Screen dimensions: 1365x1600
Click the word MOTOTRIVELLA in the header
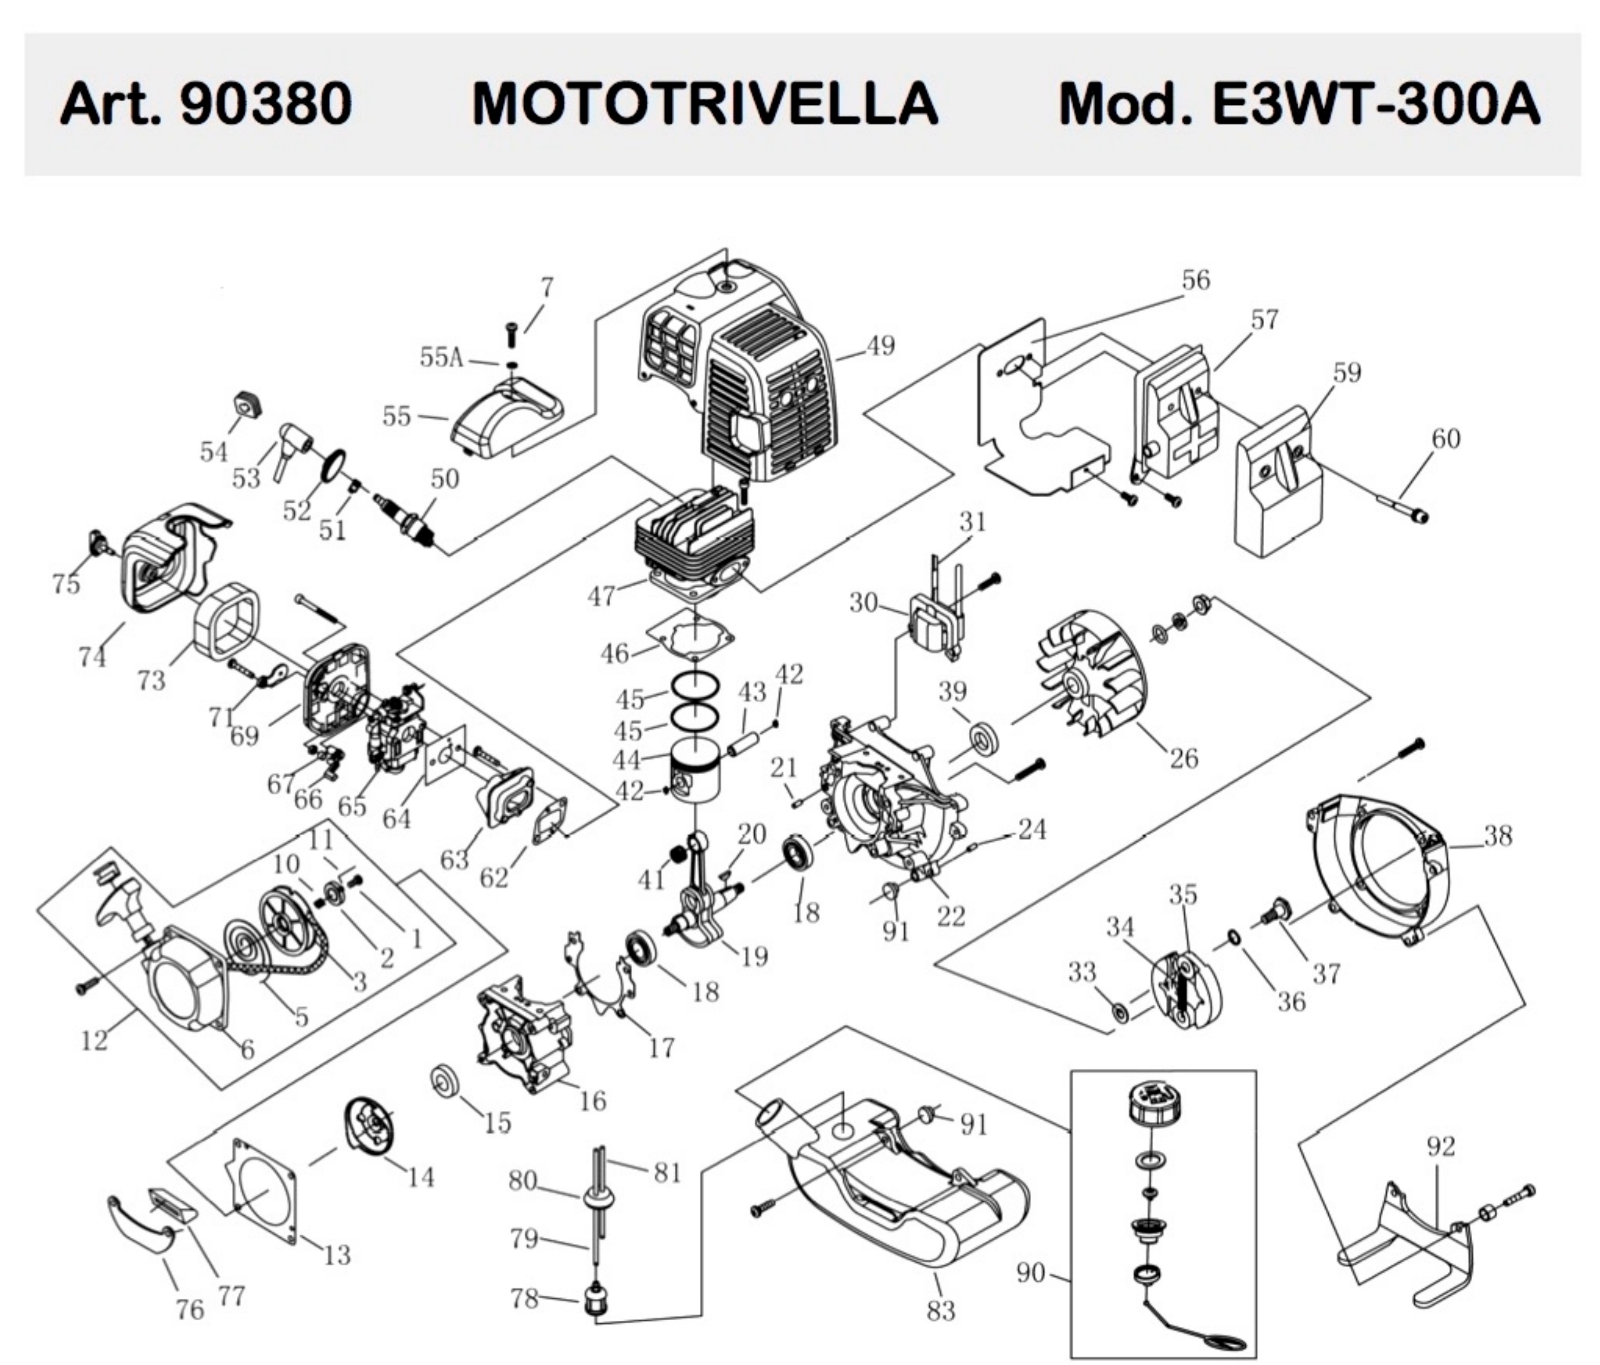tap(704, 104)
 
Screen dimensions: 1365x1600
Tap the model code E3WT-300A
tap(1376, 104)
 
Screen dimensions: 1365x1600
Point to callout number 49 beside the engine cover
tap(880, 345)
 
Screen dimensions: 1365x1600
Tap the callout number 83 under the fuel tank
tap(940, 1310)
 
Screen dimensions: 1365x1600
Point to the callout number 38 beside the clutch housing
tap(1498, 835)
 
